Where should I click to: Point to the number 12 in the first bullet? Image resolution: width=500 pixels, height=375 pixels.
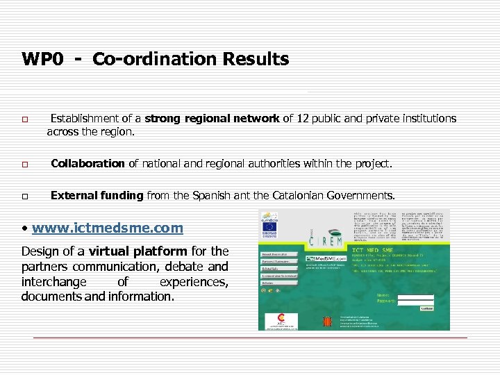pyautogui.click(x=303, y=119)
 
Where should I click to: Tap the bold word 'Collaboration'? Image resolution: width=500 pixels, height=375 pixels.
pyautogui.click(x=87, y=164)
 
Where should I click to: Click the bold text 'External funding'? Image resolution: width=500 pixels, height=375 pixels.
pyautogui.click(x=97, y=195)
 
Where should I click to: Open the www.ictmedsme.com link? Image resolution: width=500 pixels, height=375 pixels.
pyautogui.click(x=107, y=228)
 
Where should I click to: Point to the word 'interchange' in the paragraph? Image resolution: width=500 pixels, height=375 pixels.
pyautogui.click(x=54, y=281)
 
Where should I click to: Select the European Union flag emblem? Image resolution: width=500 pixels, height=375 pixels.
pyautogui.click(x=272, y=225)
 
